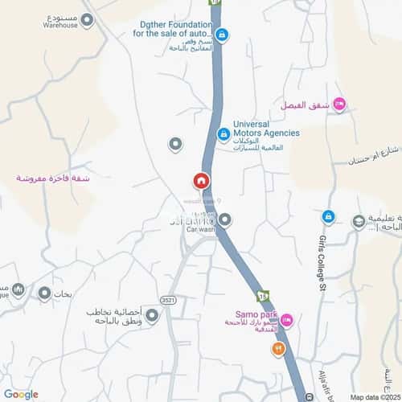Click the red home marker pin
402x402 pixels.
click(x=201, y=181)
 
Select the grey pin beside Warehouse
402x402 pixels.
click(x=88, y=20)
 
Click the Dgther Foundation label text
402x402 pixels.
click(x=174, y=29)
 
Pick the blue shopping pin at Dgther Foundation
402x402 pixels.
click(x=221, y=35)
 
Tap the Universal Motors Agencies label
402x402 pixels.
click(x=265, y=129)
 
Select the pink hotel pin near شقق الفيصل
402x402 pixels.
click(x=339, y=104)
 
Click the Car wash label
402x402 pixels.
click(x=201, y=231)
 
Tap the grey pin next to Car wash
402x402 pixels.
click(x=225, y=219)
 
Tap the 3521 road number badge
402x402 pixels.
click(x=167, y=299)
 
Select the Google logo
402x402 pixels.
click(x=20, y=394)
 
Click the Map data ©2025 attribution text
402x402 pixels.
click(x=374, y=396)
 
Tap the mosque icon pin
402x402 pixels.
click(x=18, y=289)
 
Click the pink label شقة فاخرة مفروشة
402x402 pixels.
click(x=53, y=178)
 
